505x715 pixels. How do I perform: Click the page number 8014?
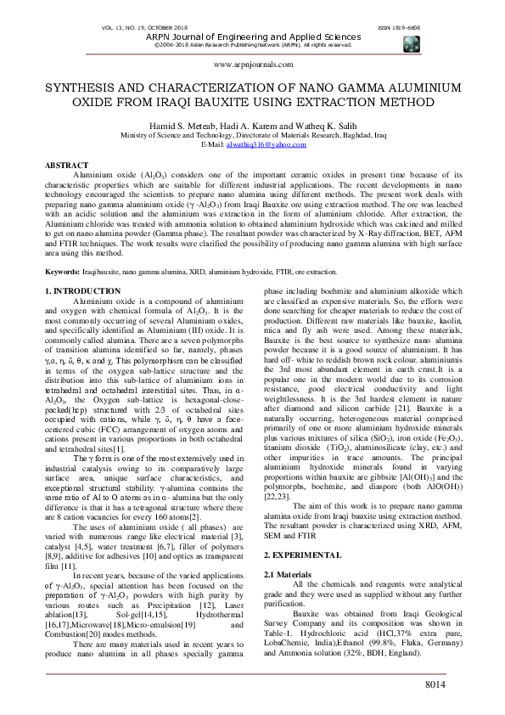pyautogui.click(x=457, y=685)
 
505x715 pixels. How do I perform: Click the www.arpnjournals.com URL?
pyautogui.click(x=252, y=65)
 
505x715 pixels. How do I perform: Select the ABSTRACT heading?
pyautogui.click(x=66, y=164)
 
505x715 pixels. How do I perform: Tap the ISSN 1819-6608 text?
pyautogui.click(x=398, y=27)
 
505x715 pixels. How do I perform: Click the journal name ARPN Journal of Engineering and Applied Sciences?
pyautogui.click(x=252, y=37)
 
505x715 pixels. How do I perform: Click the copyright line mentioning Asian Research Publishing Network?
pyautogui.click(x=252, y=46)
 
